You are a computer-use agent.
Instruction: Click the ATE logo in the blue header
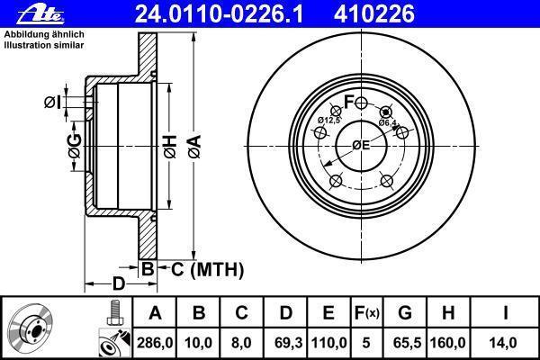[40, 14]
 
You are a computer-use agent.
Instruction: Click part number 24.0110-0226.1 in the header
[219, 14]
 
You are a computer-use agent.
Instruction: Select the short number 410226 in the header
[374, 14]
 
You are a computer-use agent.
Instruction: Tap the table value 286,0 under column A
[155, 343]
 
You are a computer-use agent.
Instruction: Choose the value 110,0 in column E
[328, 343]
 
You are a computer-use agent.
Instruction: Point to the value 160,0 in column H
[447, 343]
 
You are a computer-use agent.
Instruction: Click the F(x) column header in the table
[366, 313]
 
